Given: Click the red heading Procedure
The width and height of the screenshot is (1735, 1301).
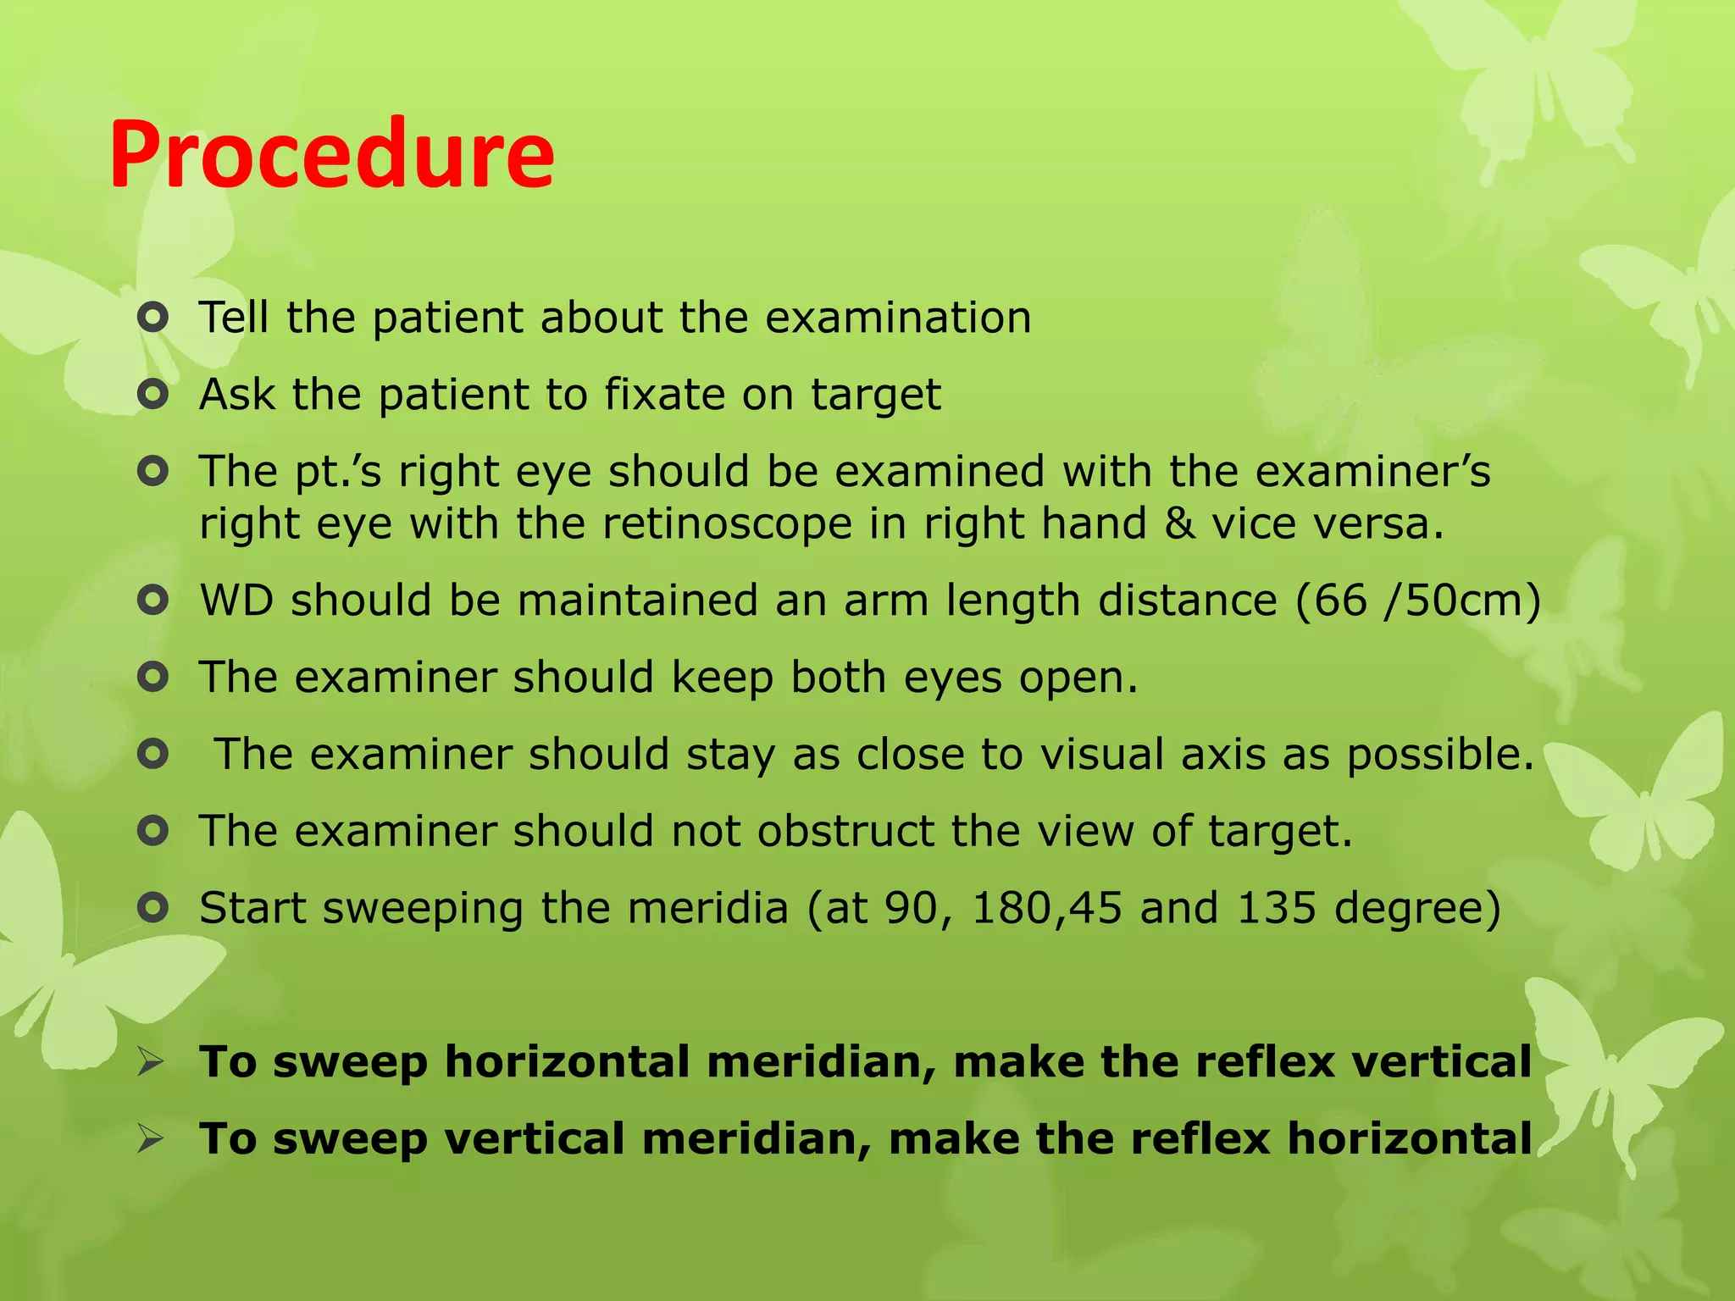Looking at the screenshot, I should pyautogui.click(x=331, y=155).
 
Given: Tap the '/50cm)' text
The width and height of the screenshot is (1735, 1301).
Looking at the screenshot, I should pyautogui.click(x=1461, y=601).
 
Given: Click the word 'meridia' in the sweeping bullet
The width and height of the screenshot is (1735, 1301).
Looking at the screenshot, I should pyautogui.click(x=707, y=909).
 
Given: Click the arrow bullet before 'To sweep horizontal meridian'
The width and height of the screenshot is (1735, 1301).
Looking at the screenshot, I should pyautogui.click(x=151, y=1062).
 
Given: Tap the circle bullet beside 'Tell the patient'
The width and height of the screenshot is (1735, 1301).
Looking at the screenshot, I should pyautogui.click(x=152, y=319).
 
